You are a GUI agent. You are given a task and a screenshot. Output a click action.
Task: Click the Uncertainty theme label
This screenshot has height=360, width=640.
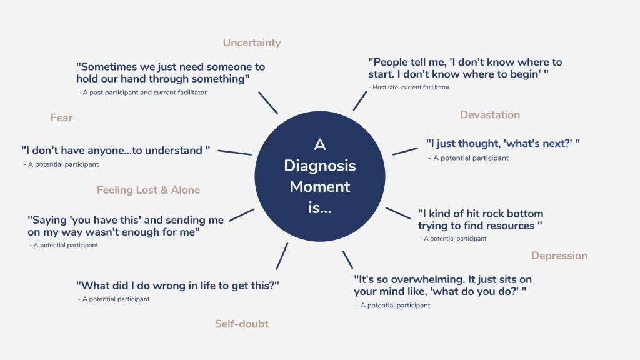[x=252, y=43]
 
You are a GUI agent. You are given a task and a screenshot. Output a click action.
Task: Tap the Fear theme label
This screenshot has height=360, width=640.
[x=62, y=117]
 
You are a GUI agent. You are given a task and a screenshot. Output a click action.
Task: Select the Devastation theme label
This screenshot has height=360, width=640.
[x=490, y=114]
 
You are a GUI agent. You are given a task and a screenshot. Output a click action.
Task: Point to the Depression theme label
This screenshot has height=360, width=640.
[x=559, y=256]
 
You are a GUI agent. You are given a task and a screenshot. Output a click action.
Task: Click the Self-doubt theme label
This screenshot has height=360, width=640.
[x=242, y=324]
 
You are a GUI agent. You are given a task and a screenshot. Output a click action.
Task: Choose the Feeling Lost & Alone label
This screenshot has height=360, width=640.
[x=148, y=190]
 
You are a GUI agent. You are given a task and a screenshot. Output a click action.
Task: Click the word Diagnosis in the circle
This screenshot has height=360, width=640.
[x=319, y=166]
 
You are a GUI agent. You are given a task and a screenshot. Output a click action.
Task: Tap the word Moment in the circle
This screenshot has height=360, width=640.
[x=319, y=186]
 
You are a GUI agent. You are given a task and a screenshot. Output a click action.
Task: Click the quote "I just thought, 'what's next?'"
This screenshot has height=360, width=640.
[x=502, y=143]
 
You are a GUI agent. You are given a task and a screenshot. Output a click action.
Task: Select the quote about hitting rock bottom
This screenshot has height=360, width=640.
[x=480, y=219]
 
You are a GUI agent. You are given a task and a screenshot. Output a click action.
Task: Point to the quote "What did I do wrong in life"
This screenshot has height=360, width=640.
[x=177, y=285]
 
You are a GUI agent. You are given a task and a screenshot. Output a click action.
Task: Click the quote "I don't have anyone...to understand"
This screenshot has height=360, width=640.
[x=115, y=151]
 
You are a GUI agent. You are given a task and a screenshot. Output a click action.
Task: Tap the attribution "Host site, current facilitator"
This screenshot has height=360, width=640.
[x=411, y=87]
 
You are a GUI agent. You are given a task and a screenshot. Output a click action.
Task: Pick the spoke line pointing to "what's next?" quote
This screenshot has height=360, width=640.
[x=405, y=151]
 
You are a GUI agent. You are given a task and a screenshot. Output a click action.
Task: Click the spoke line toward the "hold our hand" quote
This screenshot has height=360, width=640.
[x=268, y=103]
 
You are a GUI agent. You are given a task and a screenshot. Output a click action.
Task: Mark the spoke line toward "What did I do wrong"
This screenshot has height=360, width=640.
[x=282, y=256]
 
